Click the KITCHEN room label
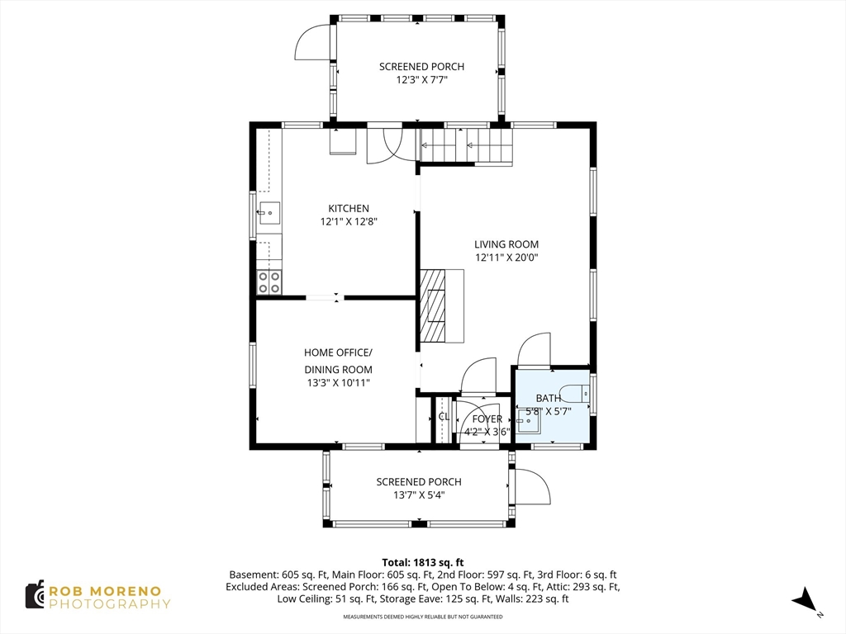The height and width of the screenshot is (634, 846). pyautogui.click(x=349, y=208)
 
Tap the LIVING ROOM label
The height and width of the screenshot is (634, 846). pyautogui.click(x=506, y=244)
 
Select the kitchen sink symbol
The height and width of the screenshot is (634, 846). pyautogui.click(x=269, y=213)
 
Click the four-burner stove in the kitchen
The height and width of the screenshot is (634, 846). pyautogui.click(x=269, y=282)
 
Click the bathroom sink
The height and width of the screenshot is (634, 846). pyautogui.click(x=528, y=421)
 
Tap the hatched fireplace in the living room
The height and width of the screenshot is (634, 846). pyautogui.click(x=433, y=305)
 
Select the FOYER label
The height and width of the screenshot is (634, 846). pyautogui.click(x=487, y=419)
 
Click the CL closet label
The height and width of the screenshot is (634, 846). pyautogui.click(x=444, y=416)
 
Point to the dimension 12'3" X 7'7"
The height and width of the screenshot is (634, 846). pyautogui.click(x=422, y=80)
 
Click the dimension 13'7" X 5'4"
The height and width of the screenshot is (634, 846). pyautogui.click(x=419, y=495)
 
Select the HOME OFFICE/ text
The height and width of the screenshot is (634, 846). pyautogui.click(x=338, y=352)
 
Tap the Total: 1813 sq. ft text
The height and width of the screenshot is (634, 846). pyautogui.click(x=423, y=563)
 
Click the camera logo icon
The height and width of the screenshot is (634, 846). pyautogui.click(x=35, y=595)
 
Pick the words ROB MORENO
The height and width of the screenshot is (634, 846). pyautogui.click(x=105, y=591)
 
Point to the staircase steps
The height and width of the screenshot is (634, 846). pyautogui.click(x=466, y=145)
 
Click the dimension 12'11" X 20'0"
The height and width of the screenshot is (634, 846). pyautogui.click(x=506, y=258)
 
